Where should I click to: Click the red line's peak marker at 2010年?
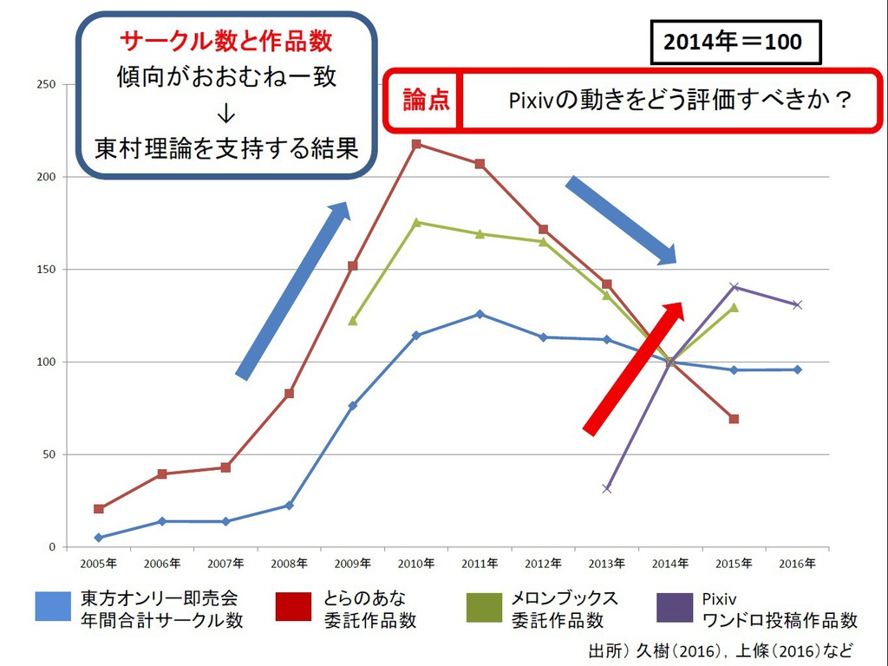[416, 144]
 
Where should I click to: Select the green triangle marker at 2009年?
[353, 321]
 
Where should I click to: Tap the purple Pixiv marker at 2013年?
[606, 488]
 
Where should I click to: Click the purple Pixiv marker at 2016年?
[797, 304]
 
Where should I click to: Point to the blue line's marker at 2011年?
[480, 314]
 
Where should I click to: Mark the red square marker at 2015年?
[734, 419]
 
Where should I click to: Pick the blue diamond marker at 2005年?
[99, 538]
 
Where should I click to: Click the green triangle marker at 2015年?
[734, 307]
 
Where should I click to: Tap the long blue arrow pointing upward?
[293, 291]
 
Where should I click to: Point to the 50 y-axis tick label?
[49, 454]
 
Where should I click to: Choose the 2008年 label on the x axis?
[290, 564]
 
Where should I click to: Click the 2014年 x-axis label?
[670, 564]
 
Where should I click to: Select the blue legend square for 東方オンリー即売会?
[53, 606]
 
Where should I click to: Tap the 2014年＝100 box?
[735, 42]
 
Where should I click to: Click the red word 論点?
[426, 100]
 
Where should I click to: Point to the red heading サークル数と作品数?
[225, 41]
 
